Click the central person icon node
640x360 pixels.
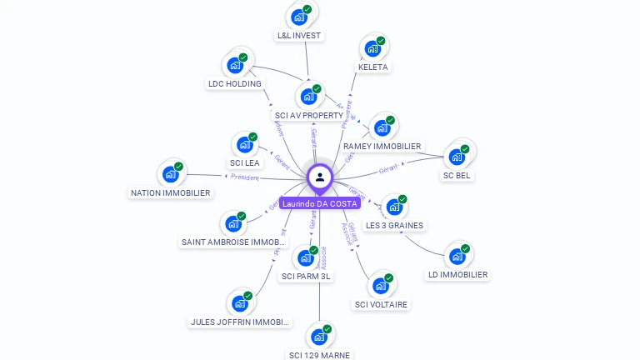320,177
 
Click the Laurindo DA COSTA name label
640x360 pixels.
320,203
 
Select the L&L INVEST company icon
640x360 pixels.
299,17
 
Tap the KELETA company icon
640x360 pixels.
372,47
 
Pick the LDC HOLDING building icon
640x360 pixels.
235,64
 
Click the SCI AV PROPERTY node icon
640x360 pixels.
309,96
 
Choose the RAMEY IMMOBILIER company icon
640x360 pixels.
382,127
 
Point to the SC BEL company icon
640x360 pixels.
457,156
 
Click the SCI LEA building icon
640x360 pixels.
245,144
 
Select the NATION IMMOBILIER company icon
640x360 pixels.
171,174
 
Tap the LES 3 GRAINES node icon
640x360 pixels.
394,207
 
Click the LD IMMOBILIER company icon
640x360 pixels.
457,256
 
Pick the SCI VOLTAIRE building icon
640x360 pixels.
381,286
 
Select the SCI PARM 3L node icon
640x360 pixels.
306,257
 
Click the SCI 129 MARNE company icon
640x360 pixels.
319,337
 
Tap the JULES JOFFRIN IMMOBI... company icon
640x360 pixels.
240,303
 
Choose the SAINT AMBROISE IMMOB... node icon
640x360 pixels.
233,223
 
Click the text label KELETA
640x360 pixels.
372,67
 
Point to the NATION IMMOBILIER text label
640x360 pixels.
171,192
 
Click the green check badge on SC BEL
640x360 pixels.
465,149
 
